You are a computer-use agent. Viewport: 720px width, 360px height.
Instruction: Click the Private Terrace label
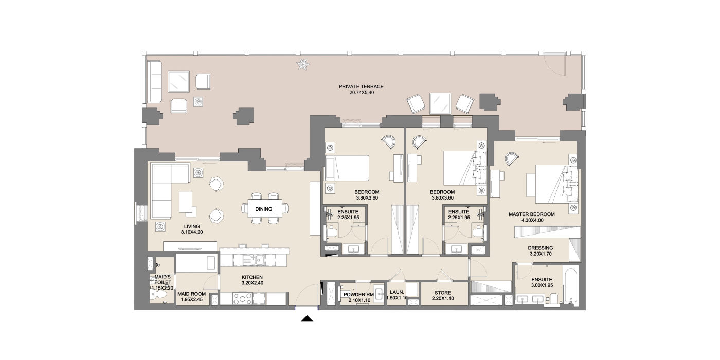click(361, 86)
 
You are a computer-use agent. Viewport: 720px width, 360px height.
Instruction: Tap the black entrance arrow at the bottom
click(308, 318)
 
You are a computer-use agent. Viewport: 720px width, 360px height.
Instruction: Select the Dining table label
click(263, 209)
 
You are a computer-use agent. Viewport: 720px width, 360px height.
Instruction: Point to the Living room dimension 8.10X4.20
click(191, 232)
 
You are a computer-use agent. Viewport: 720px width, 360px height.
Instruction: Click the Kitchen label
click(253, 277)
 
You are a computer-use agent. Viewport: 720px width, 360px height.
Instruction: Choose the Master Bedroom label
click(532, 214)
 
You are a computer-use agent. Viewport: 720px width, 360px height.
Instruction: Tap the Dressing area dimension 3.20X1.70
click(541, 254)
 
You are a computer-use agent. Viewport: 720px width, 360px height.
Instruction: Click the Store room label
click(443, 293)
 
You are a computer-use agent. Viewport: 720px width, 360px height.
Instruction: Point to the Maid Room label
click(191, 294)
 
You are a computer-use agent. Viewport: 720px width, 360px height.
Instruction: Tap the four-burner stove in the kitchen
click(243, 299)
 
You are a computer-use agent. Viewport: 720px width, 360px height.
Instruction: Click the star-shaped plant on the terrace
click(303, 64)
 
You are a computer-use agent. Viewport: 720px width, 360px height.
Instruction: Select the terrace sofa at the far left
click(155, 82)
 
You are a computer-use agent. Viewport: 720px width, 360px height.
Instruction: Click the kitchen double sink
click(254, 260)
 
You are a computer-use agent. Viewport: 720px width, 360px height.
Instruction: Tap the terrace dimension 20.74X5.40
click(362, 92)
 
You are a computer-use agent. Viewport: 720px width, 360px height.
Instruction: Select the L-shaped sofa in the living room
click(170, 191)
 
